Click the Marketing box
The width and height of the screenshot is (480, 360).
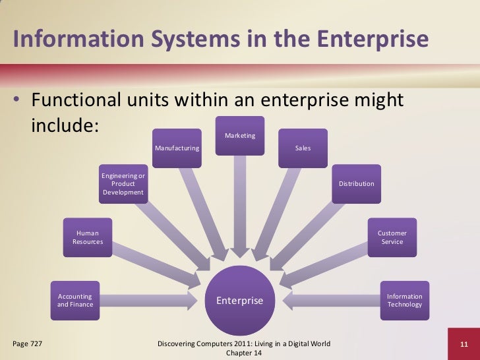240,136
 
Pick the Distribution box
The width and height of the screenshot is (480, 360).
356,183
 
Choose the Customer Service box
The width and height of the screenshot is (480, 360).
392,237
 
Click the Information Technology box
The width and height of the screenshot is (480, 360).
404,300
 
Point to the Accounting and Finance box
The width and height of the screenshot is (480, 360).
75,300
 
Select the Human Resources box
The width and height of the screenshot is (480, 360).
87,237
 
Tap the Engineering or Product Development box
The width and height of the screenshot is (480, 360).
123,183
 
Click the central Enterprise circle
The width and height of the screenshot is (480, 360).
240,301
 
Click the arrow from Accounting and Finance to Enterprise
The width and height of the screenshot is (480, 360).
148,301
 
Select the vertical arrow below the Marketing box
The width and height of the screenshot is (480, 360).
240,204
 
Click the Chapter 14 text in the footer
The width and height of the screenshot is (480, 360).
244,353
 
